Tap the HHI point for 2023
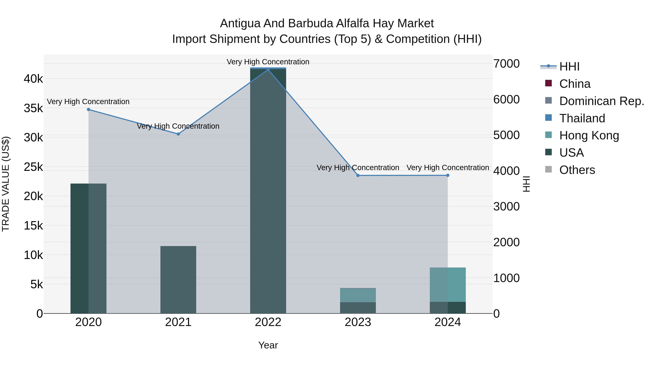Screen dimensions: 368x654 tap(358, 176)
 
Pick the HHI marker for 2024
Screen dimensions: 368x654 tap(448, 176)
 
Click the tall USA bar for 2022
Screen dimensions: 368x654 tap(268, 190)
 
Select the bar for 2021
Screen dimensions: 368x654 tap(178, 279)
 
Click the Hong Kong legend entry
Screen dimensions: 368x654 tap(589, 135)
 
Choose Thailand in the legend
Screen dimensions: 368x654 tap(582, 118)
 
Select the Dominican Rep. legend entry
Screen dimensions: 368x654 tap(601, 101)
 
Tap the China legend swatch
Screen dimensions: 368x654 tap(549, 83)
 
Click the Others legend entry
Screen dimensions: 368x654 tap(577, 170)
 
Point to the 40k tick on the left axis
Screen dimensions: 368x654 tap(33, 79)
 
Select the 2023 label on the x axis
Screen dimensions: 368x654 tap(358, 322)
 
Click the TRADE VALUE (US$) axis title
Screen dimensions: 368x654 tap(6, 184)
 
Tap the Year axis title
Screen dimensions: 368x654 tap(268, 345)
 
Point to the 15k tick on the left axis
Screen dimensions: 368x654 tap(33, 226)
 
